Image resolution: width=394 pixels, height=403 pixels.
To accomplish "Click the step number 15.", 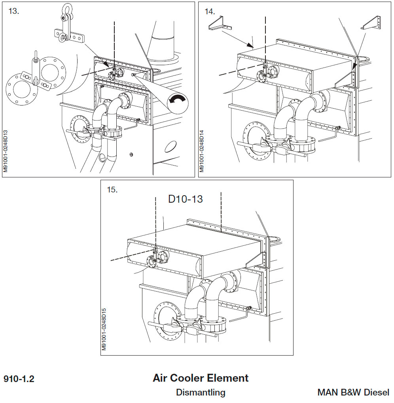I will point(112,190).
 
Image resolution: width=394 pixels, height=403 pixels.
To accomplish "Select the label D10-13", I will point(186,199).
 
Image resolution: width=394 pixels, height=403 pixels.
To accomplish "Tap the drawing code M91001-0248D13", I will point(6,147).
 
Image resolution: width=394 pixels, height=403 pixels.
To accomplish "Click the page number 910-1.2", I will point(19,379).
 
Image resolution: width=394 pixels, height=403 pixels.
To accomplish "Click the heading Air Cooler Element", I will point(201,378).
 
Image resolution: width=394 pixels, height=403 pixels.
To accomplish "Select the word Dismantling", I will point(201,393).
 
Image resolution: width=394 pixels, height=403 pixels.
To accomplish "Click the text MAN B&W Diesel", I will point(353,393).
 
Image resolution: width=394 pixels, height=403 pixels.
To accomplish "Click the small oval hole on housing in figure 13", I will point(170,147).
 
